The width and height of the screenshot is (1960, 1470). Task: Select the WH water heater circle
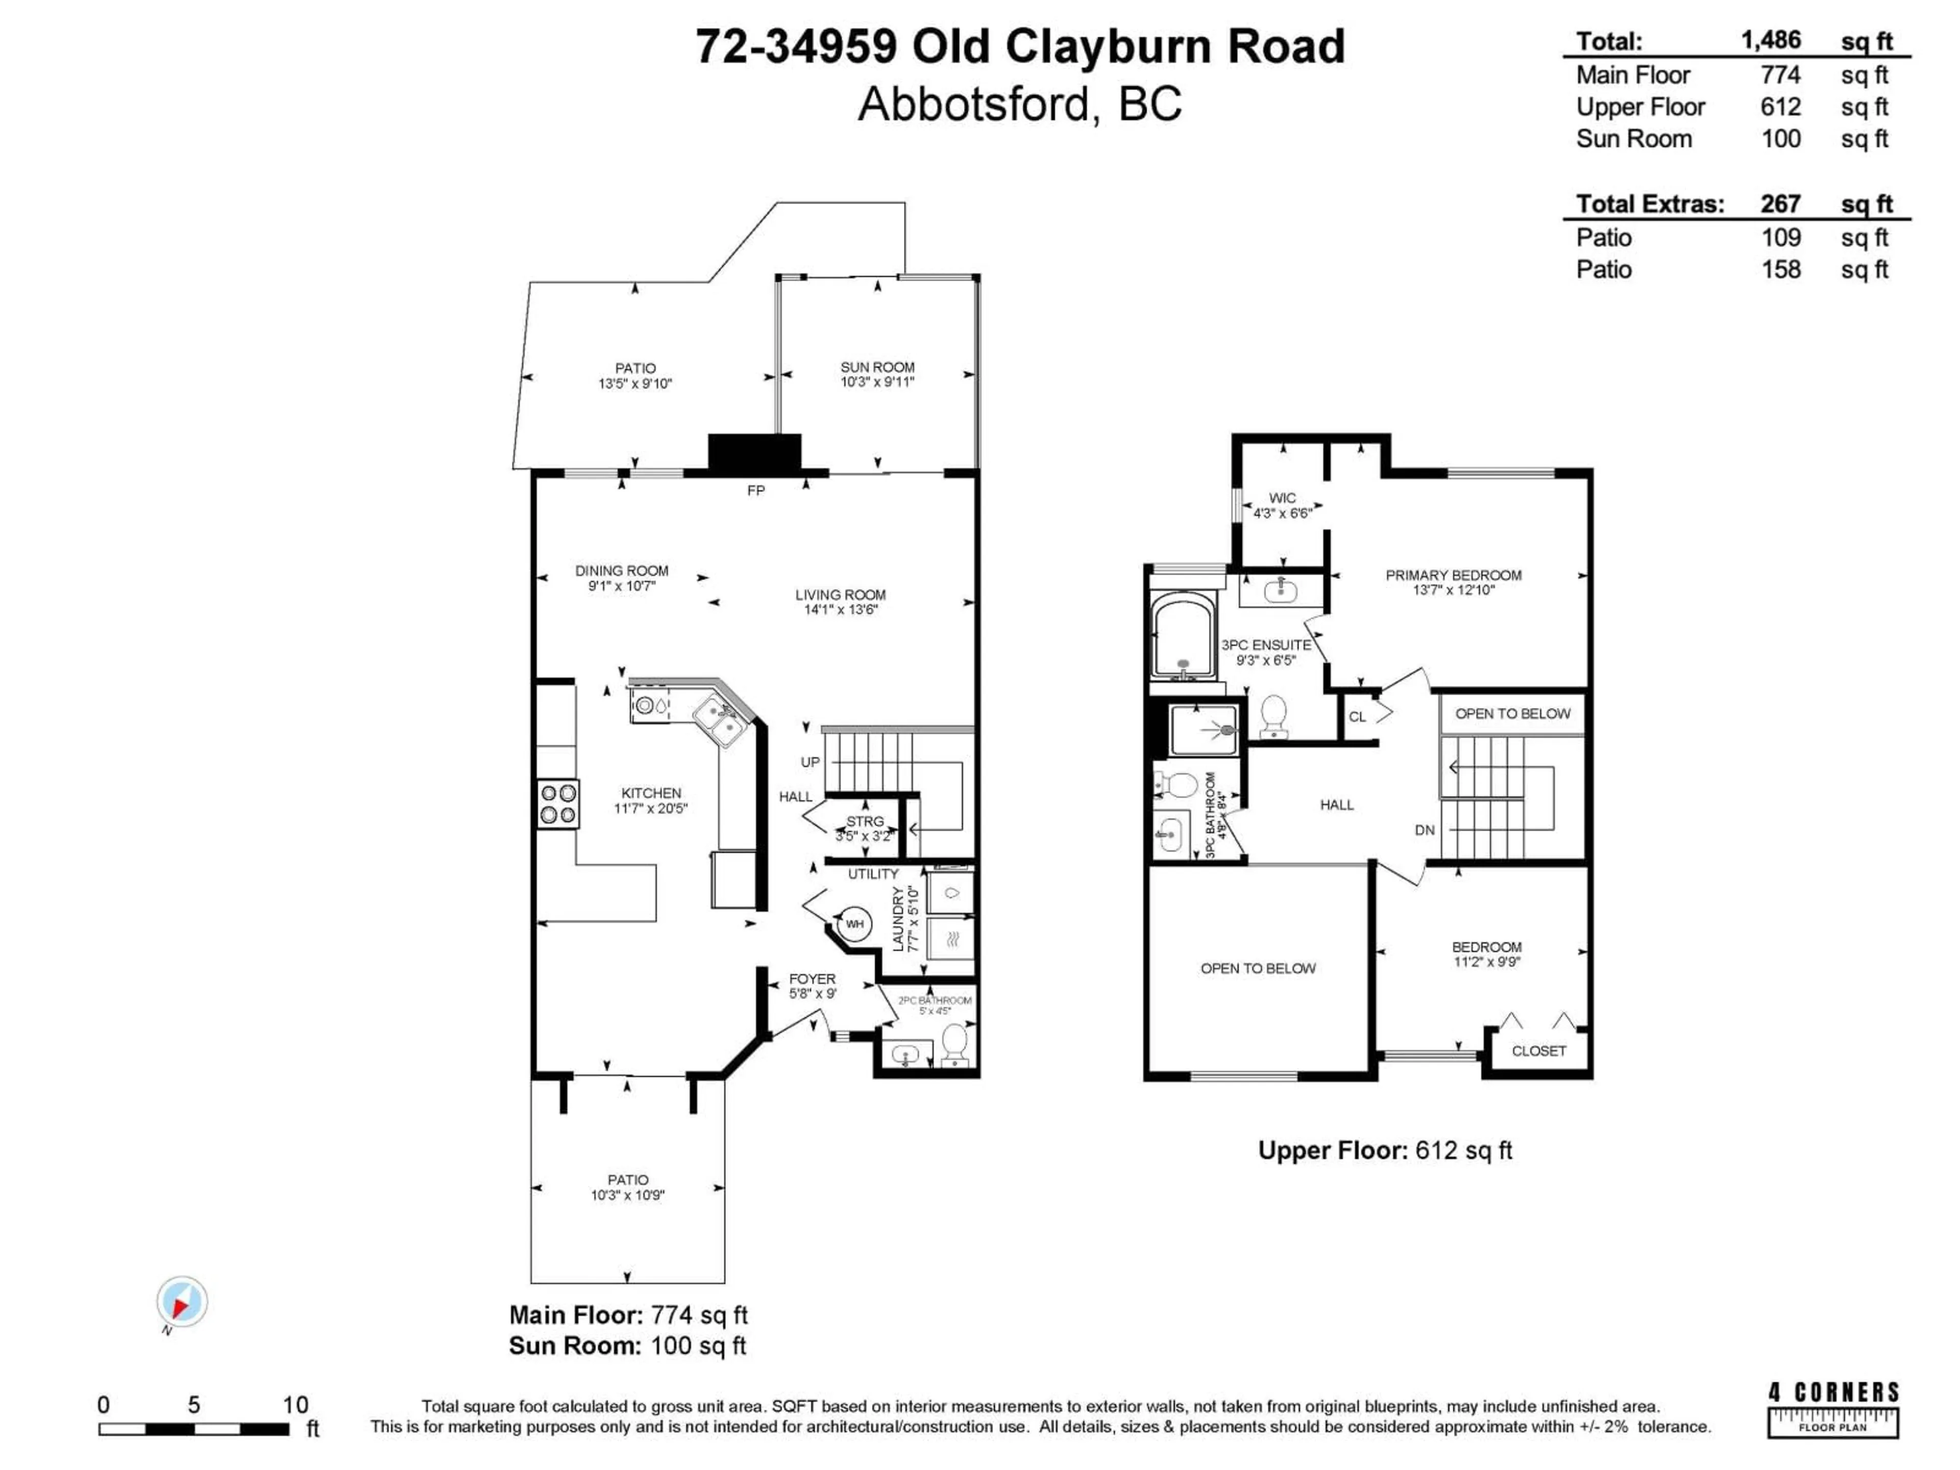(x=853, y=924)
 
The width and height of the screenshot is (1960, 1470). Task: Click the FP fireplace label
(x=755, y=490)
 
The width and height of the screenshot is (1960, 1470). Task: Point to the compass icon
(x=182, y=1302)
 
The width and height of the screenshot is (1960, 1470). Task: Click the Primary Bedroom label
(x=1453, y=575)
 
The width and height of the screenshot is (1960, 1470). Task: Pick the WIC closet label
(x=1282, y=498)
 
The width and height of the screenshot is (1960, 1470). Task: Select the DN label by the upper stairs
(x=1424, y=830)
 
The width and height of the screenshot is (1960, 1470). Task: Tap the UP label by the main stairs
(x=810, y=762)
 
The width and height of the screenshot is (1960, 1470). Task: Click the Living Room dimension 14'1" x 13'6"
(x=840, y=609)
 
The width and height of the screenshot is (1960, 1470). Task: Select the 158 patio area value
(x=1780, y=269)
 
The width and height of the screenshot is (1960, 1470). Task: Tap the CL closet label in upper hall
(x=1357, y=717)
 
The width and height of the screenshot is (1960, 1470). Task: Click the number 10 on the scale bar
(x=295, y=1405)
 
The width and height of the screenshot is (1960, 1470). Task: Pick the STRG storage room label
(x=864, y=821)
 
